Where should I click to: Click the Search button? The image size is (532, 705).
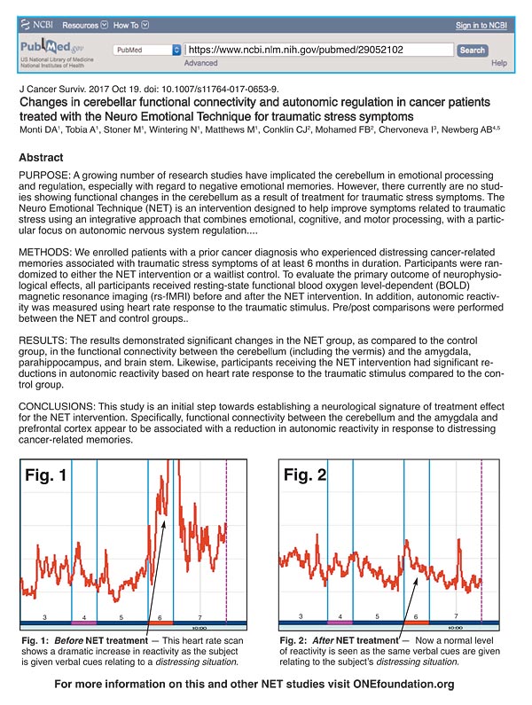473,51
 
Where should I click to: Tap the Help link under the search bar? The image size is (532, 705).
498,64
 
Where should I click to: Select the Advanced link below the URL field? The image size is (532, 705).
200,64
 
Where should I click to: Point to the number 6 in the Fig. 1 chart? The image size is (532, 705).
160,616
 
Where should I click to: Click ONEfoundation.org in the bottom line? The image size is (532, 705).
403,685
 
